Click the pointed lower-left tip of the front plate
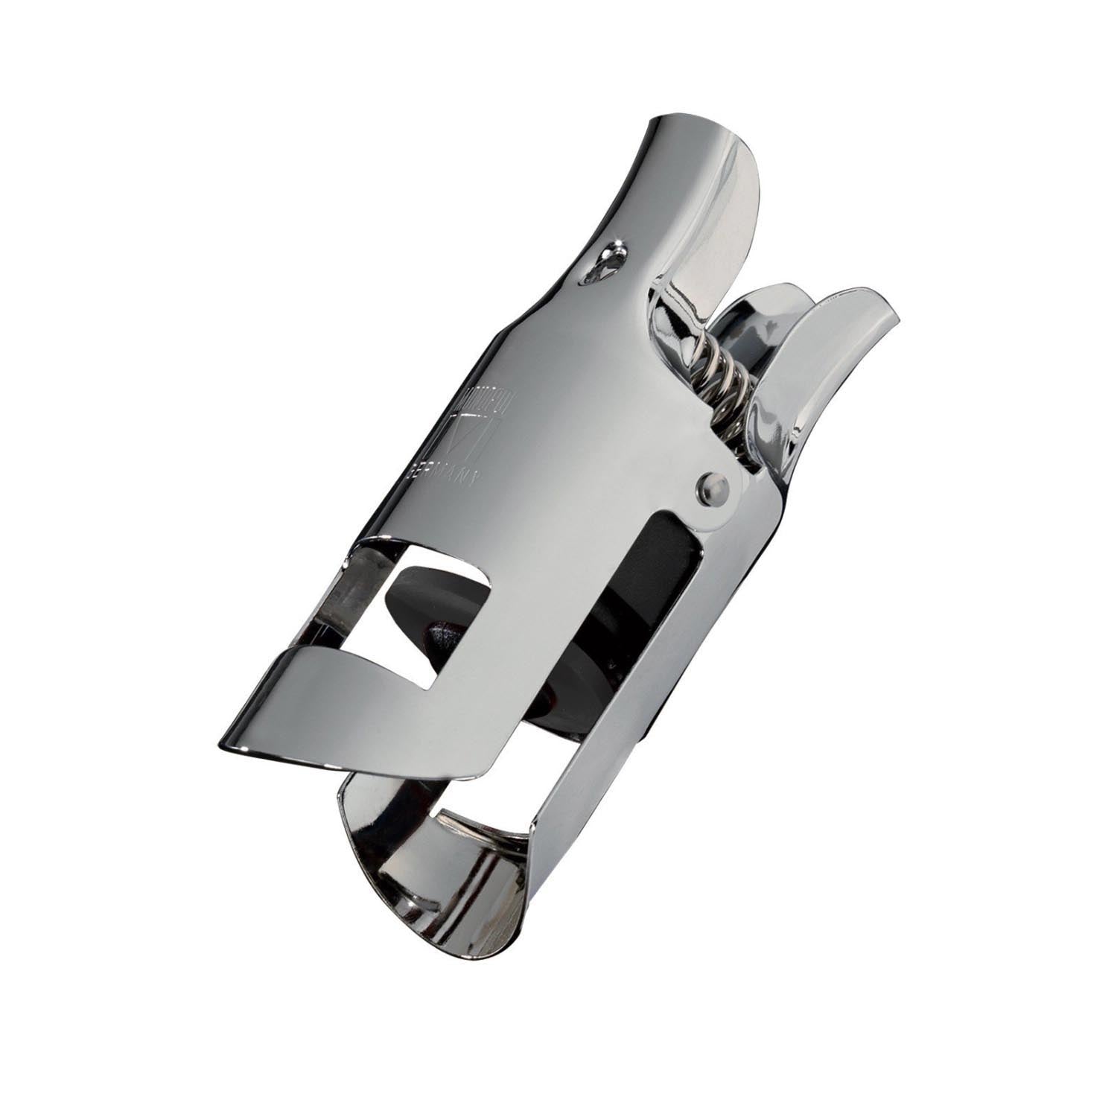point(227,745)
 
